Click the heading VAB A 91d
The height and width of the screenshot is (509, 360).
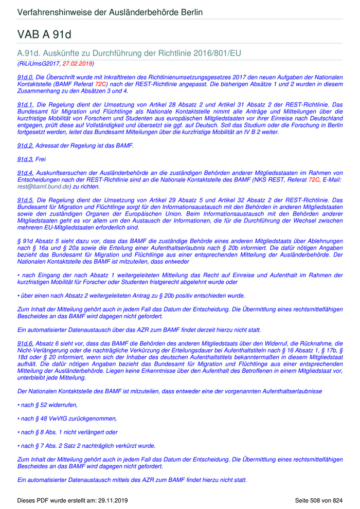(x=44, y=34)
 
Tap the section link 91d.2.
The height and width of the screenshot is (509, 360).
(x=25, y=146)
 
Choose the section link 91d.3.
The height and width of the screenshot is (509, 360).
(x=25, y=159)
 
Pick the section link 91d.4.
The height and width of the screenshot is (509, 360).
(x=25, y=173)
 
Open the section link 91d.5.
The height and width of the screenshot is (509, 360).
(x=25, y=200)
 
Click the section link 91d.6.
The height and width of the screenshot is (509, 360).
(x=25, y=343)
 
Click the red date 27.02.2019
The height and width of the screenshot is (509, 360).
(x=77, y=64)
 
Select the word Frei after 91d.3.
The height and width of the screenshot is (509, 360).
(x=41, y=159)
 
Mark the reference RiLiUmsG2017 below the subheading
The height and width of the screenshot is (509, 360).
(x=39, y=64)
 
